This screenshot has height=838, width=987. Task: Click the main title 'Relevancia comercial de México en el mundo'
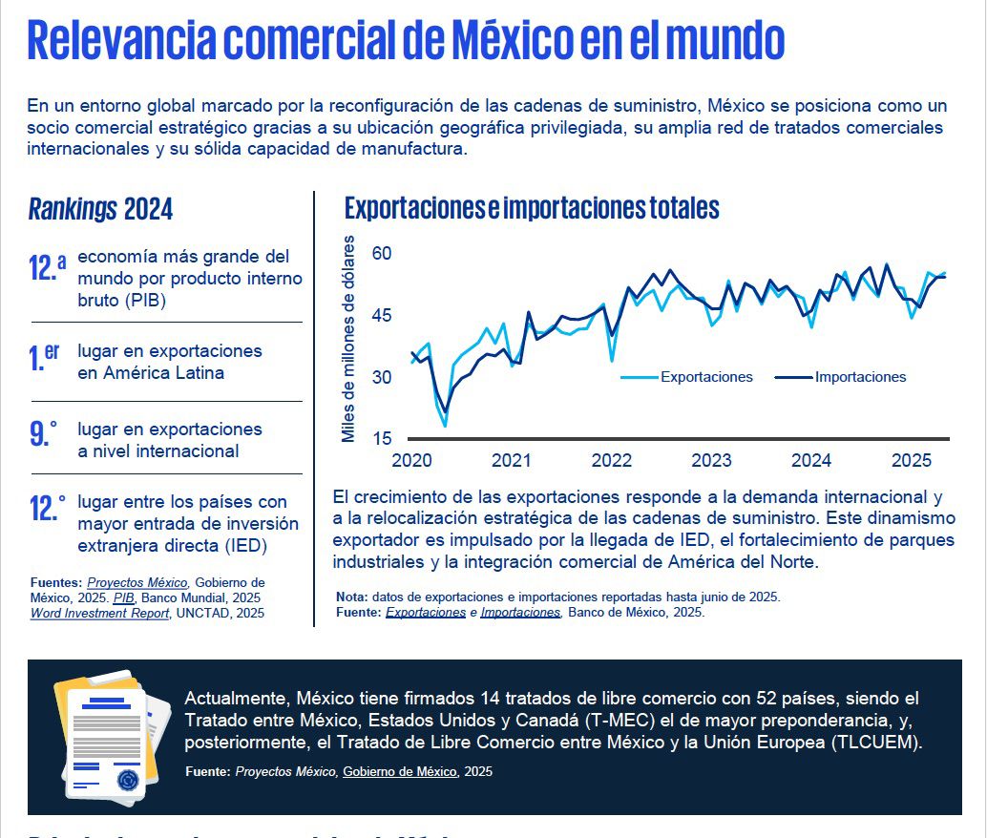tap(406, 40)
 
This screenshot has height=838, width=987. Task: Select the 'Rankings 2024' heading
tap(100, 209)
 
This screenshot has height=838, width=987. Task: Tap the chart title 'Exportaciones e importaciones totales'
tap(532, 208)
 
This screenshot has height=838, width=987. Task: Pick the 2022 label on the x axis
tap(611, 461)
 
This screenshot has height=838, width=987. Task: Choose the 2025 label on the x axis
tap(911, 461)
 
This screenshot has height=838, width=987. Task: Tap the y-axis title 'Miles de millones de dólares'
tap(348, 339)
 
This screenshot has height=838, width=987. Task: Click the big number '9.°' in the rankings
tap(43, 434)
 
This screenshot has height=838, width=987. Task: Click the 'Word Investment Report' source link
tap(99, 613)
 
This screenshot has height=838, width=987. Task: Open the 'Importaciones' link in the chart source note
tap(520, 613)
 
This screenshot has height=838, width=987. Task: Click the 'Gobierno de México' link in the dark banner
tap(401, 771)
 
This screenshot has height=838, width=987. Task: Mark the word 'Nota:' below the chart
tap(352, 597)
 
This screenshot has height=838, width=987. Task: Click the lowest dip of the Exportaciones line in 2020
tap(445, 426)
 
